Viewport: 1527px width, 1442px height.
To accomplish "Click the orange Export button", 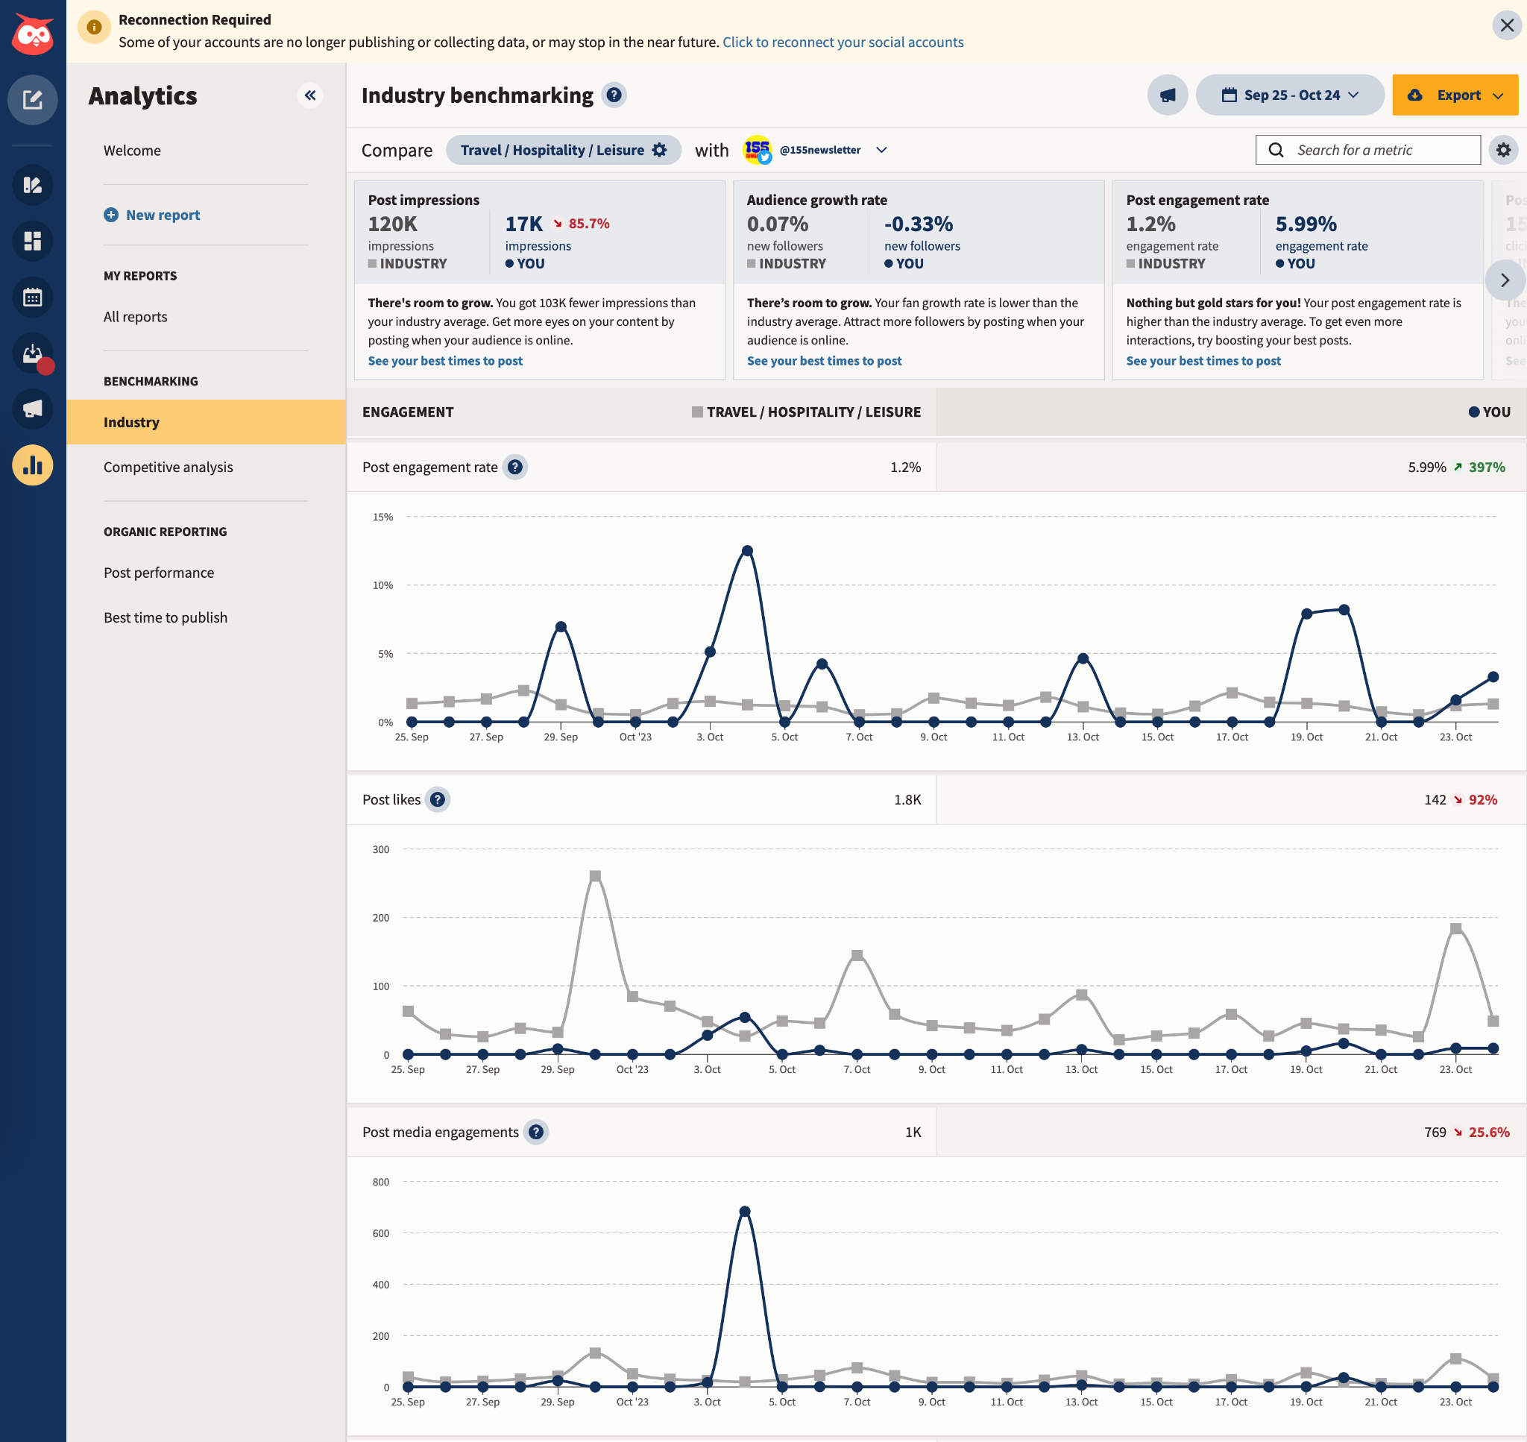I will click(x=1454, y=95).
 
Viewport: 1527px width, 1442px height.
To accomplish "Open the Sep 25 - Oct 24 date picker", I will click(x=1290, y=95).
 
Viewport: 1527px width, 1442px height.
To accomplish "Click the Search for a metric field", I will click(x=1368, y=150).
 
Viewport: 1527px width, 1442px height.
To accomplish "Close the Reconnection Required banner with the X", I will click(x=1506, y=25).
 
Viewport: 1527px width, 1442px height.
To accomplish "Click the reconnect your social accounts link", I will click(x=843, y=42).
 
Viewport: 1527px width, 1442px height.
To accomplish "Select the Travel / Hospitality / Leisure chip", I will click(x=562, y=150).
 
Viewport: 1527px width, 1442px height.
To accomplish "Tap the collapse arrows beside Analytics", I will click(x=309, y=95).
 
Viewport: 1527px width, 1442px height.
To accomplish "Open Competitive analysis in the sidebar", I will click(x=168, y=467).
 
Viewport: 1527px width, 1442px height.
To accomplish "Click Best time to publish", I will click(x=166, y=618).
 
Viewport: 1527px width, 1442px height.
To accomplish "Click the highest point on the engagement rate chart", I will click(x=747, y=551).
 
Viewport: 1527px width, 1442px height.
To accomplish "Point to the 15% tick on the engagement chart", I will click(x=382, y=517).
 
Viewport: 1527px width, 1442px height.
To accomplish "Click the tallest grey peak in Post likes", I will click(x=595, y=876).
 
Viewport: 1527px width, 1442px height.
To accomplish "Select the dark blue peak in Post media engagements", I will click(x=744, y=1212).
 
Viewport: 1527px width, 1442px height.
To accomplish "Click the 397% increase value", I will click(x=1486, y=467).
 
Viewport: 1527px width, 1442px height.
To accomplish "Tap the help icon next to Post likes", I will click(x=437, y=799).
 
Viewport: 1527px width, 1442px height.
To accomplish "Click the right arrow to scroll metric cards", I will click(x=1504, y=280).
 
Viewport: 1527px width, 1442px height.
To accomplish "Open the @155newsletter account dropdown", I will click(x=881, y=150).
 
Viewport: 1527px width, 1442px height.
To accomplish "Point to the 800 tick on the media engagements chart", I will click(x=380, y=1183).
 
